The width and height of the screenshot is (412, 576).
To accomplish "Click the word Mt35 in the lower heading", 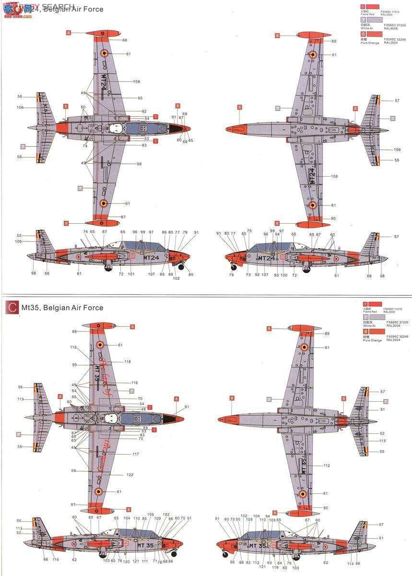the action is (x=30, y=308).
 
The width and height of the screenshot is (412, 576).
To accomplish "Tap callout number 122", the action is (x=130, y=475).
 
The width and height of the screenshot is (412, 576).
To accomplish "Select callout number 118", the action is (x=128, y=361).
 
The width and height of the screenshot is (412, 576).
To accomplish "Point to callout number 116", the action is (x=134, y=383).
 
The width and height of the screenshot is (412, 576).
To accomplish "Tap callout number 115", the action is (x=56, y=559).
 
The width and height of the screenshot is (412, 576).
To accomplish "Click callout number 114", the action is (x=351, y=564).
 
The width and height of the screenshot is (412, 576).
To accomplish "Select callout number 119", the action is (x=275, y=554).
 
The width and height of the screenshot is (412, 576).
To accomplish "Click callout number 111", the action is (x=145, y=561).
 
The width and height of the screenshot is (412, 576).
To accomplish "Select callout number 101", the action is (x=131, y=274).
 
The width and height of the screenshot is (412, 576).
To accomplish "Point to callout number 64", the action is (x=74, y=391).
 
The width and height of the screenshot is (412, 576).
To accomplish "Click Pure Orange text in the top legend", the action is (x=370, y=43).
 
